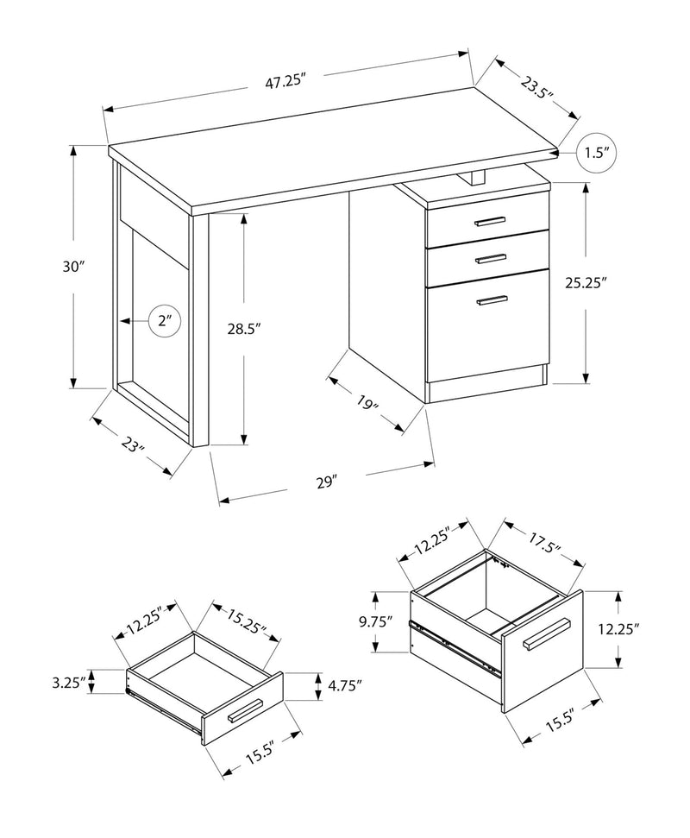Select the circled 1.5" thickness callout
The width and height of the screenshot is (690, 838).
597,154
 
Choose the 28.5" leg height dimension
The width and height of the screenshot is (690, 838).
244,328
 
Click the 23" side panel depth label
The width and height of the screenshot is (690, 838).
132,447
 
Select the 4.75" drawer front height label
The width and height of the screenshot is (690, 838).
344,687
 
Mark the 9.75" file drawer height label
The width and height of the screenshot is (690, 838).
377,621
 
